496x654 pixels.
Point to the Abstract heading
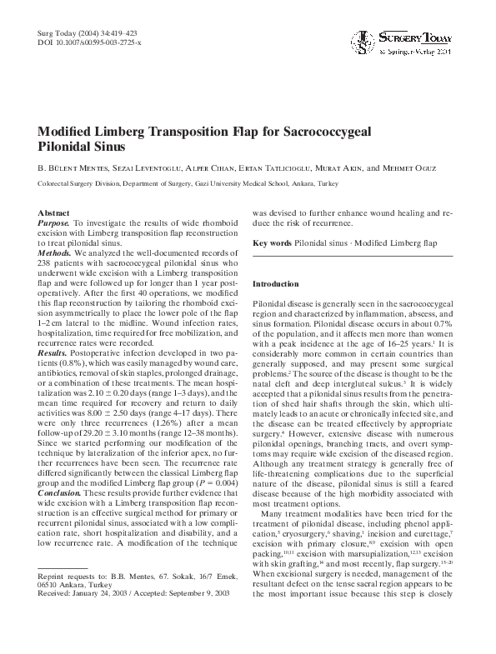click(54, 214)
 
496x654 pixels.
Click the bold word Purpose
click(54, 225)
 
